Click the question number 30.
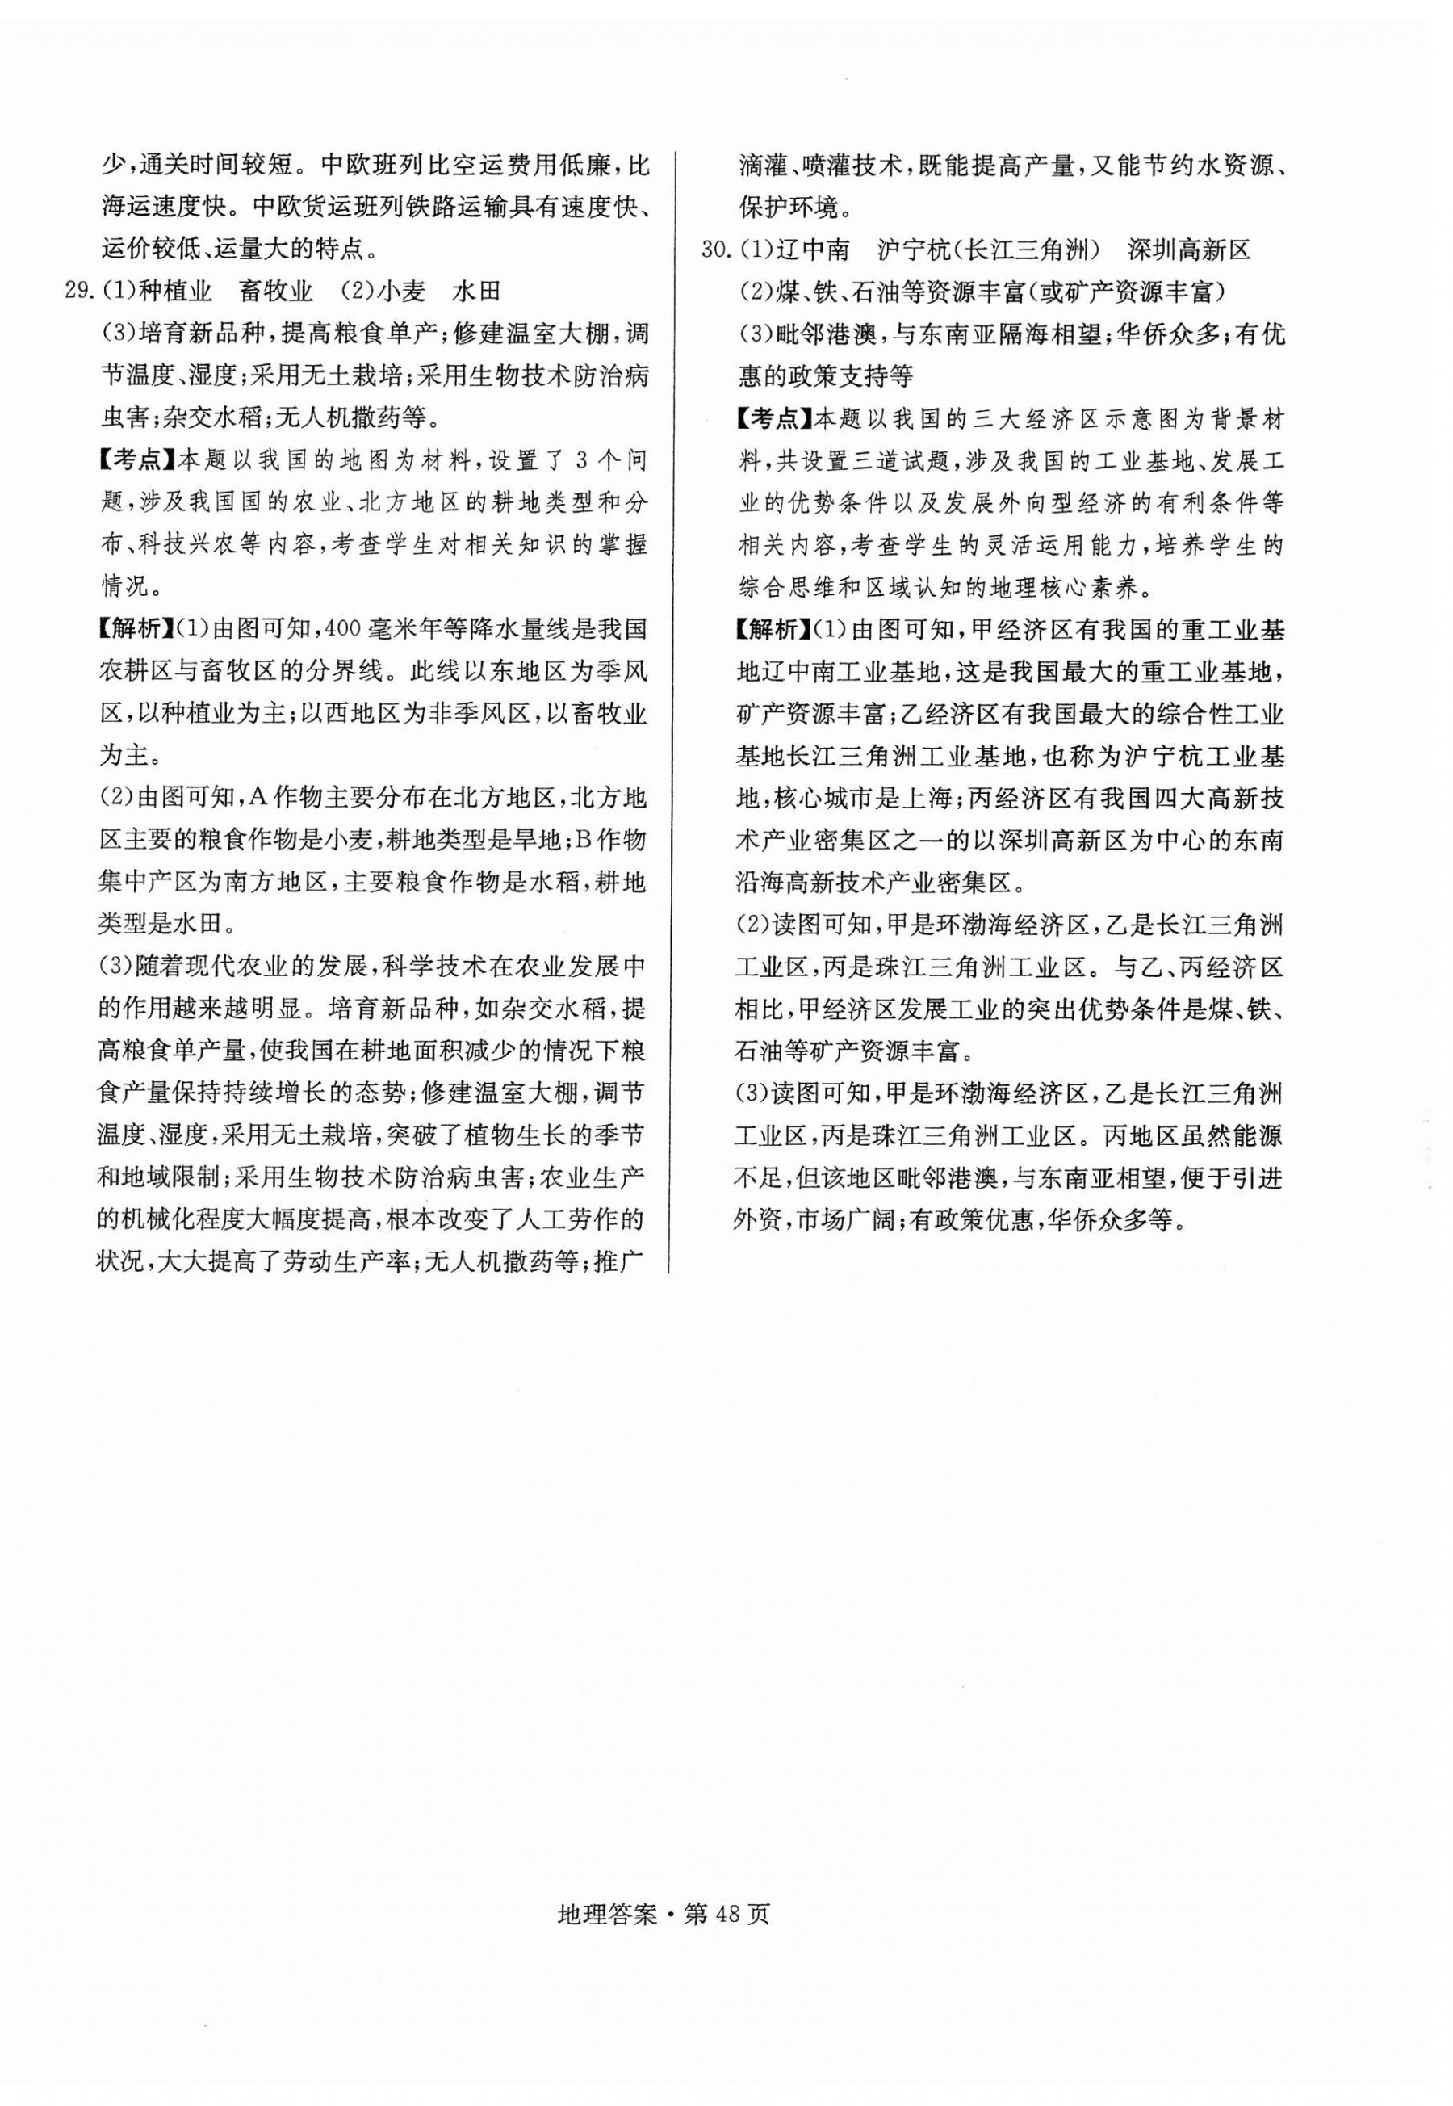point(715,249)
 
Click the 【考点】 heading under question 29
point(137,459)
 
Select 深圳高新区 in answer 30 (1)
point(1189,249)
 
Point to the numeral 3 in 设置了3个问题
point(562,459)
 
